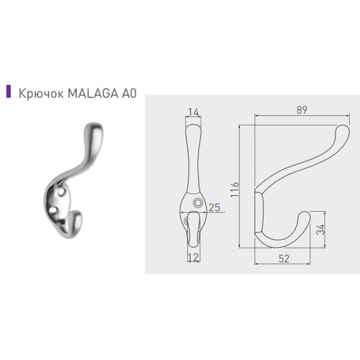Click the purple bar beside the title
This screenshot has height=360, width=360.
9,91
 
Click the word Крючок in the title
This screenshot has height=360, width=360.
41,93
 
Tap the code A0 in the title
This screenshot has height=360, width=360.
129,93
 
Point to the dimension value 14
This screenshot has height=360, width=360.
194,112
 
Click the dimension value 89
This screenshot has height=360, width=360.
302,110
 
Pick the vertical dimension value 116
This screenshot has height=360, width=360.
235,189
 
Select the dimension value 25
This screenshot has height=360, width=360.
215,207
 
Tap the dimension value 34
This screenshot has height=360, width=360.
320,230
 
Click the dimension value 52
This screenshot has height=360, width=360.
284,258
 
